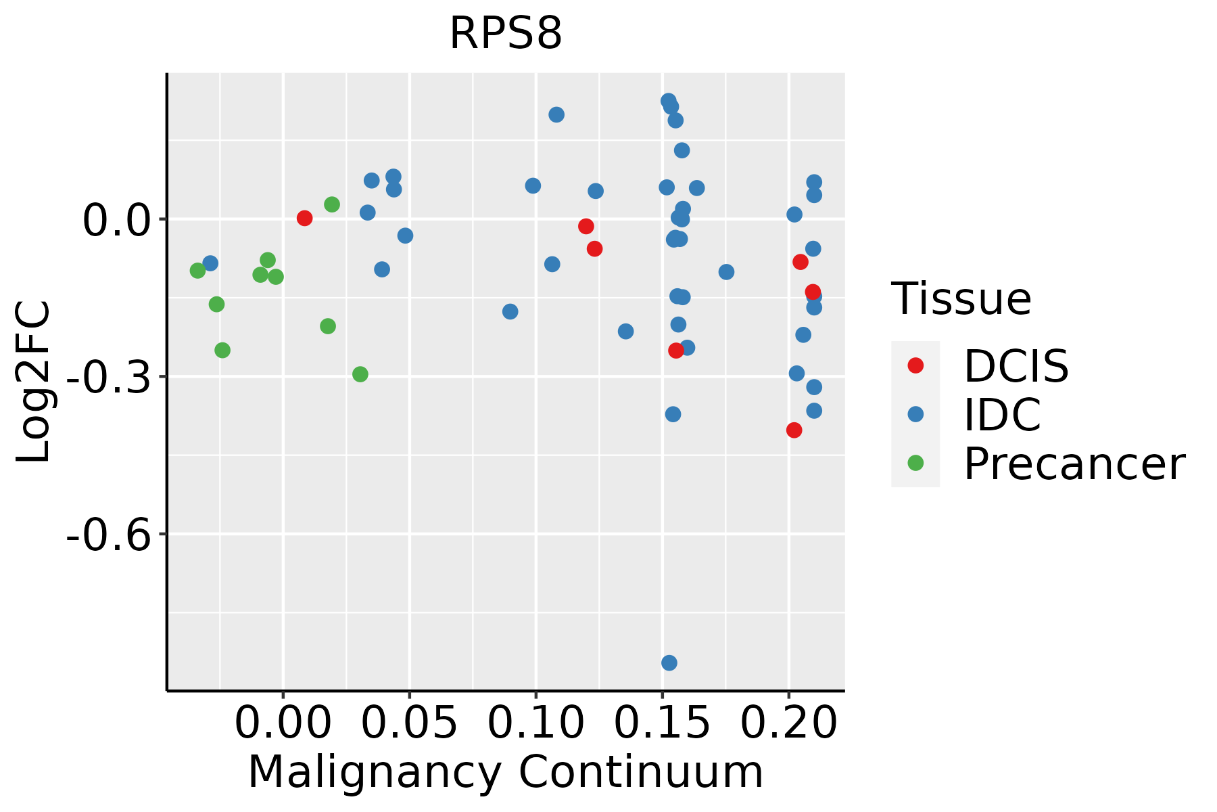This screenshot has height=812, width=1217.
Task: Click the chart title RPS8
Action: pos(506,33)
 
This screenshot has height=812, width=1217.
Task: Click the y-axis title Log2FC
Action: pos(34,382)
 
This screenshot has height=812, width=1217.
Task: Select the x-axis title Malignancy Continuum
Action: pos(506,772)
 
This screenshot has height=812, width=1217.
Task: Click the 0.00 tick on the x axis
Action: pos(283,723)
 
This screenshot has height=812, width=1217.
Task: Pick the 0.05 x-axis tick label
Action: pos(409,723)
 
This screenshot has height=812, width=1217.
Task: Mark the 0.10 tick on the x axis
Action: pos(535,723)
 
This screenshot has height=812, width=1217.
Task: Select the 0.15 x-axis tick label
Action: pos(662,723)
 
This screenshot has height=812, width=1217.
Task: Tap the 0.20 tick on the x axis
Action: pos(788,723)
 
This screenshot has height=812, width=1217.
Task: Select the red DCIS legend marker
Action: pos(915,365)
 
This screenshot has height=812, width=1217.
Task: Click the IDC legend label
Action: pos(1002,415)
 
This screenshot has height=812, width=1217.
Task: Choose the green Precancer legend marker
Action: pos(915,463)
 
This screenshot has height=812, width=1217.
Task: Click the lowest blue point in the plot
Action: pos(669,662)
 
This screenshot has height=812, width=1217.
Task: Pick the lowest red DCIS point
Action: pos(794,430)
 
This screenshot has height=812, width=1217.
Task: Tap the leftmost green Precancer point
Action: pos(197,271)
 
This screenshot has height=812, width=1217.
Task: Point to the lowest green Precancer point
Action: pos(360,374)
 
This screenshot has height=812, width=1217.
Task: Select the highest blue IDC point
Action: pos(669,101)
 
